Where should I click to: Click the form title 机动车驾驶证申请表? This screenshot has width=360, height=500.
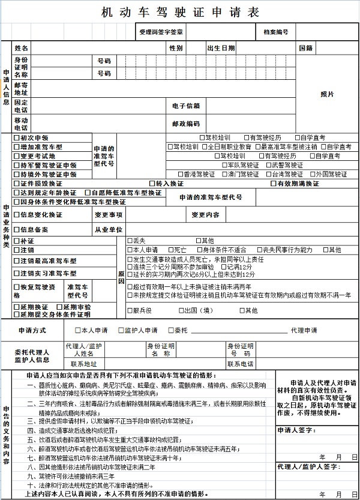[x=181, y=12]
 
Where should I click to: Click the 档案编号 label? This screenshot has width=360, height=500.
[x=275, y=31]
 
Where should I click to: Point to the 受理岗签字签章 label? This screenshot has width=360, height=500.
[x=161, y=31]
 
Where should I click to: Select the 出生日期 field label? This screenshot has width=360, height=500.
[x=221, y=47]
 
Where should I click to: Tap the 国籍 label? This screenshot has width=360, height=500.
[x=305, y=47]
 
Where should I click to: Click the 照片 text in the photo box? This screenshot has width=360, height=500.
[x=327, y=94]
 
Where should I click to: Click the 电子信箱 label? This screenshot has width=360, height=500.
[x=185, y=106]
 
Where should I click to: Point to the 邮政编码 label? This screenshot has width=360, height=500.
[x=185, y=124]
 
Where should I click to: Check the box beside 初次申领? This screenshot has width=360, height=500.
[x=17, y=138]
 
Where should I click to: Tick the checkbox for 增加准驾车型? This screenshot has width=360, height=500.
[x=17, y=147]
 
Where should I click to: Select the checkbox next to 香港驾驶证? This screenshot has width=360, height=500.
[x=179, y=174]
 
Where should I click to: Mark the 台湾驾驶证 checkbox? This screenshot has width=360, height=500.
[x=268, y=174]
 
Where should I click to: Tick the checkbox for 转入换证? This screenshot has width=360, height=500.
[x=152, y=183]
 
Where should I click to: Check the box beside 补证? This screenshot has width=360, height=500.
[x=17, y=241]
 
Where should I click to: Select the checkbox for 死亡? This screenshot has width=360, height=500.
[x=170, y=250]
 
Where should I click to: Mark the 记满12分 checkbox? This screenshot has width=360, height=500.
[x=223, y=267]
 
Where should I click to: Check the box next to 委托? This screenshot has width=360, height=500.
[x=170, y=330]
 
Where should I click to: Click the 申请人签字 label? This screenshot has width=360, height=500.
[x=296, y=430]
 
